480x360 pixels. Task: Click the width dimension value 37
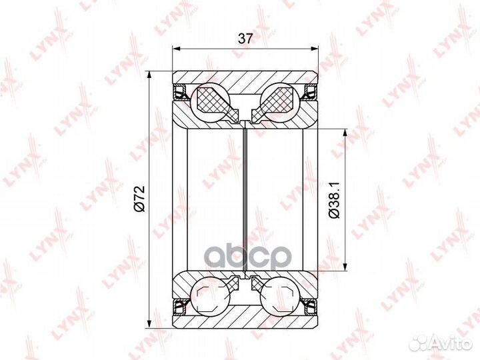pyautogui.click(x=245, y=39)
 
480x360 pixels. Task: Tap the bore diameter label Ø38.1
pyautogui.click(x=334, y=199)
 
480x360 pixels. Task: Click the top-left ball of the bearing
pyautogui.click(x=210, y=102)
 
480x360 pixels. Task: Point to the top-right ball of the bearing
pyautogui.click(x=279, y=102)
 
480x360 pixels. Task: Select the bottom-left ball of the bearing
pyautogui.click(x=210, y=295)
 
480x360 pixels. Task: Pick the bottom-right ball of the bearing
pyautogui.click(x=280, y=295)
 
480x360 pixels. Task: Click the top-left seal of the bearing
pyautogui.click(x=181, y=92)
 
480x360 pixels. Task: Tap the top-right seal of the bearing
pyautogui.click(x=310, y=92)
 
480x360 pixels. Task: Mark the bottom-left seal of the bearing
pyautogui.click(x=181, y=306)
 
